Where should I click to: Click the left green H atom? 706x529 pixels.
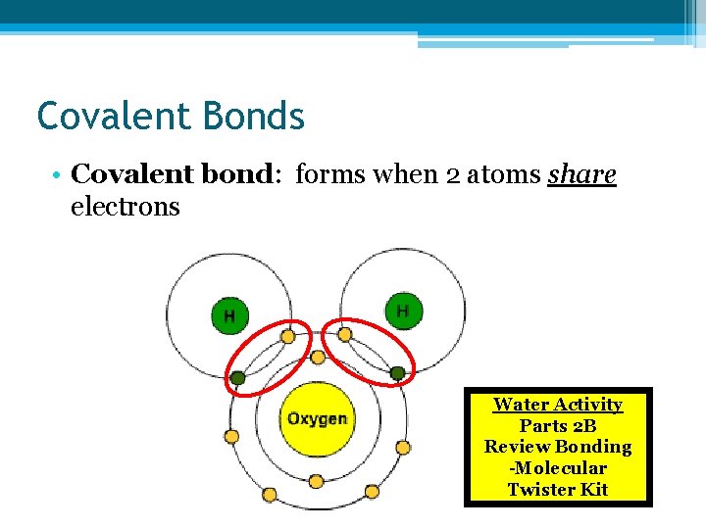click(x=229, y=315)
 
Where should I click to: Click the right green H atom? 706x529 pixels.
click(x=402, y=311)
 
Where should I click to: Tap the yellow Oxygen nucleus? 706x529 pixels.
click(x=316, y=418)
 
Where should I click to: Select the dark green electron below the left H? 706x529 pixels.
click(x=237, y=377)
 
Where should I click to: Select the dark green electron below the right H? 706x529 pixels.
click(x=396, y=372)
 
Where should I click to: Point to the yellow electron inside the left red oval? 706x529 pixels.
click(x=287, y=336)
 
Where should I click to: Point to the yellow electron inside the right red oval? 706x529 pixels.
click(x=345, y=335)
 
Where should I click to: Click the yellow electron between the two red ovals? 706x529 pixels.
click(x=317, y=356)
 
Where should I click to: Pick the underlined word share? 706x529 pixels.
click(x=582, y=174)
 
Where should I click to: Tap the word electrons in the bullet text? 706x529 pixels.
click(x=126, y=207)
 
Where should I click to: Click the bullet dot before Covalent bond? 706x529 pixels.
click(x=59, y=176)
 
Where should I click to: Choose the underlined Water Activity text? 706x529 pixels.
click(x=557, y=404)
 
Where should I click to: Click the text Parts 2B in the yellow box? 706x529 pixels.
click(x=557, y=425)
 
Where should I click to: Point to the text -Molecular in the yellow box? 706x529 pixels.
click(x=557, y=468)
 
